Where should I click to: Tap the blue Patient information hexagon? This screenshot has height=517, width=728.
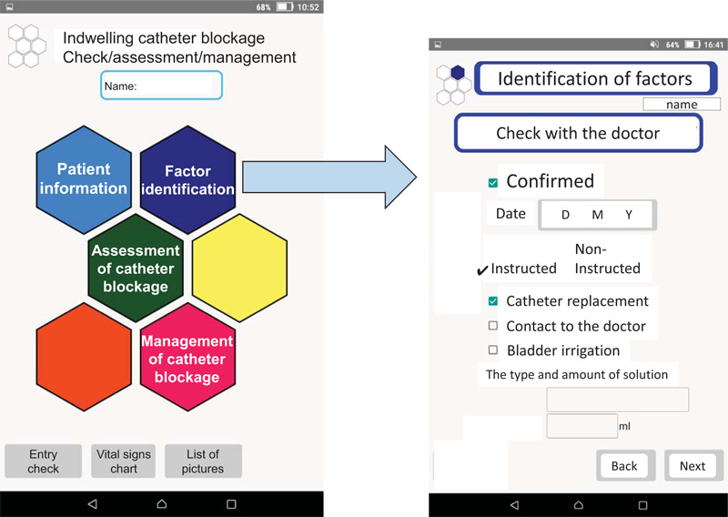coord(84,179)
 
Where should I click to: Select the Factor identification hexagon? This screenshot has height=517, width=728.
coord(188,179)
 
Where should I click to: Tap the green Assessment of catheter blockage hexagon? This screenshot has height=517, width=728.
coord(136,268)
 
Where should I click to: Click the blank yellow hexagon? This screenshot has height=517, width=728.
coord(239,268)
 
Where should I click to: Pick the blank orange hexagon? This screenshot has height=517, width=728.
coord(84,357)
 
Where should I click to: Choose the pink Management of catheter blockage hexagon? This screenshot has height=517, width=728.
coord(188,357)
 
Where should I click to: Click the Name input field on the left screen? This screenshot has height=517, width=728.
coord(162,85)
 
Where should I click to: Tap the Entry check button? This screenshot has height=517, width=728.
coord(43,461)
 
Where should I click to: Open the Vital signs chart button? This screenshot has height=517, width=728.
coord(124,461)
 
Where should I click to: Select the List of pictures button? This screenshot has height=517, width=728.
coord(203,461)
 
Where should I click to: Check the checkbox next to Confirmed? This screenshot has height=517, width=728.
coord(493,183)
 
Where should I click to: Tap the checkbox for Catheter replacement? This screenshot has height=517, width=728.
coord(493,301)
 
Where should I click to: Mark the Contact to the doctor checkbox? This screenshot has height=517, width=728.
coord(493,326)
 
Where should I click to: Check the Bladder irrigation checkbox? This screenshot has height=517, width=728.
coord(493,350)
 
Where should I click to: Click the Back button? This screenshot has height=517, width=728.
coord(625,465)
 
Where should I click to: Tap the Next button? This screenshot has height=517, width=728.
coord(693,465)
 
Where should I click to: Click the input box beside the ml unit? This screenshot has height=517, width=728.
coord(582,425)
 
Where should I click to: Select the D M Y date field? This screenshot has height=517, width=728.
coord(598,215)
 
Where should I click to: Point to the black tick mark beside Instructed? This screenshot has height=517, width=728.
coord(482,270)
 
